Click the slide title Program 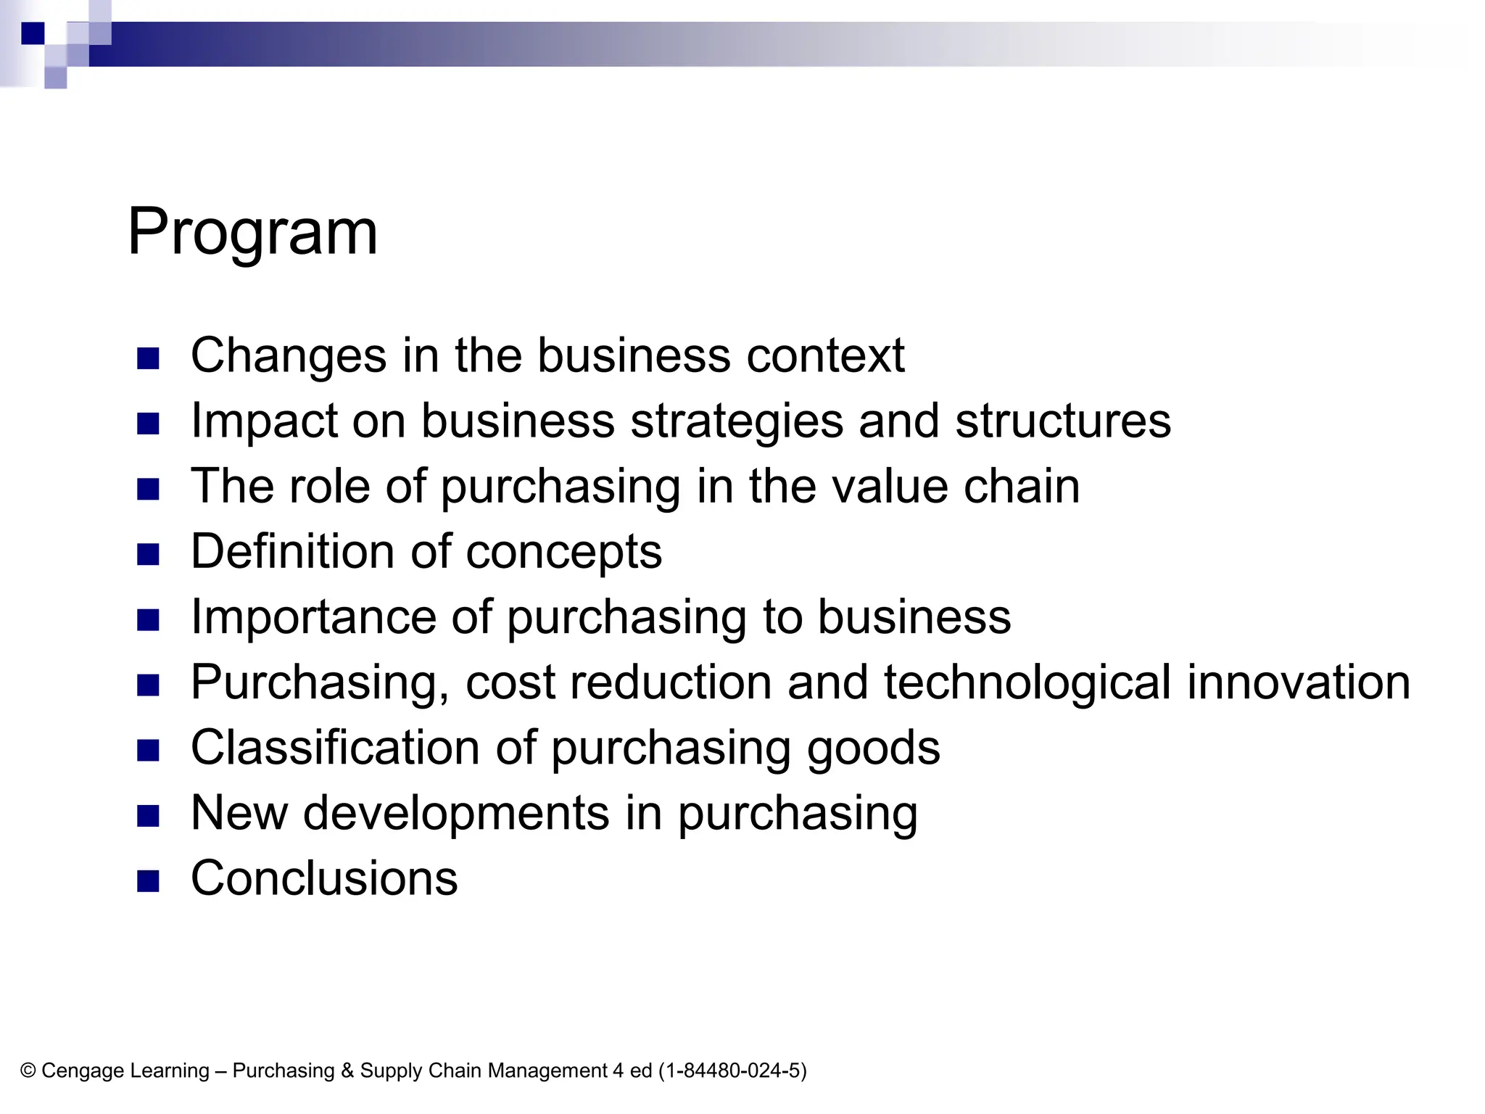[x=252, y=232]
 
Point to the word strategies [x=737, y=421]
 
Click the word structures [x=1062, y=421]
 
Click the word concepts [x=563, y=552]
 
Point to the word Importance [x=313, y=617]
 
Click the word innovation [x=1298, y=682]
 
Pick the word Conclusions [x=324, y=878]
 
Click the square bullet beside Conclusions [x=148, y=880]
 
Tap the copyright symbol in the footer [x=28, y=1071]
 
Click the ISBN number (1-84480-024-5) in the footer [x=732, y=1071]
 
